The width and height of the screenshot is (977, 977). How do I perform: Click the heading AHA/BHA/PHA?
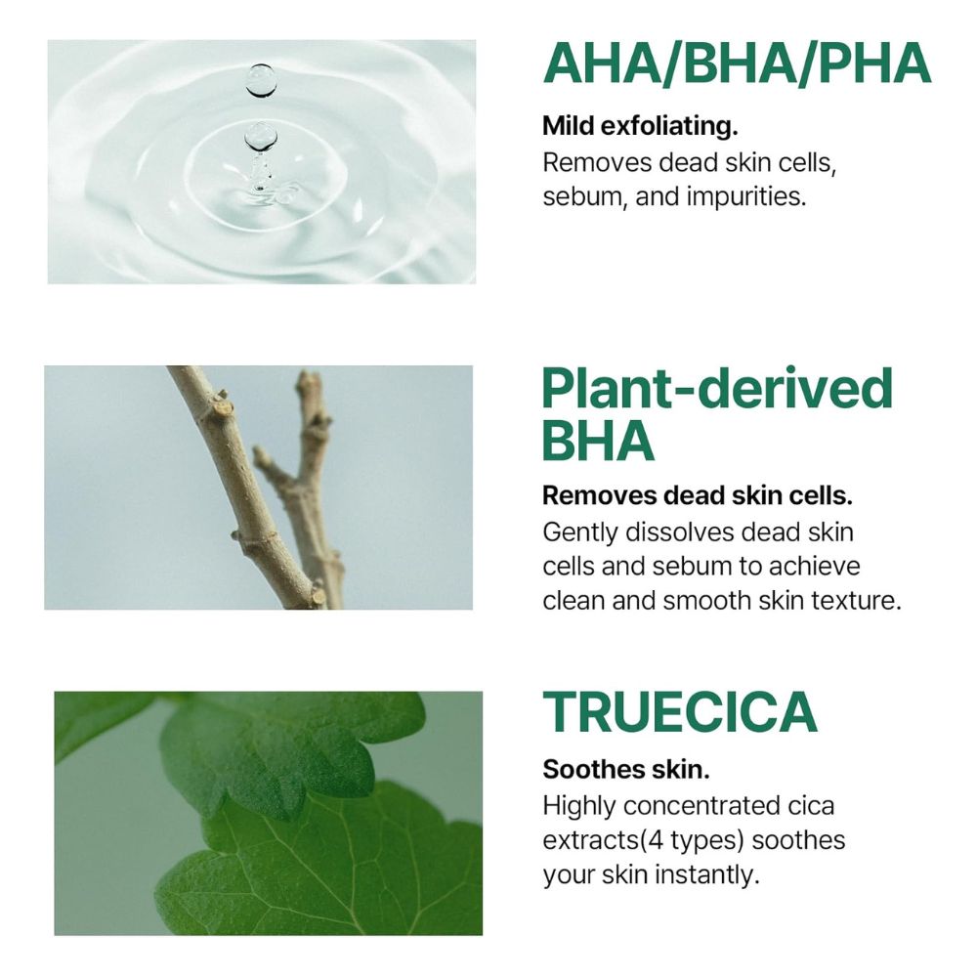tap(737, 64)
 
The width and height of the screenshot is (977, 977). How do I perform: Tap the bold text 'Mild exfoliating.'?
tap(640, 126)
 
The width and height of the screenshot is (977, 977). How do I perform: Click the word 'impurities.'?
tap(746, 197)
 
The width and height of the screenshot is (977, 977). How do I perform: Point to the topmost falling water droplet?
tap(261, 80)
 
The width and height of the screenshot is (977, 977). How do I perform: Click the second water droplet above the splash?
tap(261, 136)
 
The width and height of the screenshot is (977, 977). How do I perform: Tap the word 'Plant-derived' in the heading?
tap(717, 389)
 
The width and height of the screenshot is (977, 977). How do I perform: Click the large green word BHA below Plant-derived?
tap(598, 441)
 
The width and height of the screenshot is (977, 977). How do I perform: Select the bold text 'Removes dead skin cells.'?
tap(698, 496)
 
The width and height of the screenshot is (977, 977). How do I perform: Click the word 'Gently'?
tap(579, 532)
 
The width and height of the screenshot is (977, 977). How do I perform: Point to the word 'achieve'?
tap(815, 567)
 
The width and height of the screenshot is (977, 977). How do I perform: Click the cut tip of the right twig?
tap(307, 378)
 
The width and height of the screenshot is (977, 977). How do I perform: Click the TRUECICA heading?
tap(680, 712)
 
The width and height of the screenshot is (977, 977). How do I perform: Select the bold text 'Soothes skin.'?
tap(626, 770)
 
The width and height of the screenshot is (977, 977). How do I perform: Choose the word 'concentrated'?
tap(701, 806)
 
